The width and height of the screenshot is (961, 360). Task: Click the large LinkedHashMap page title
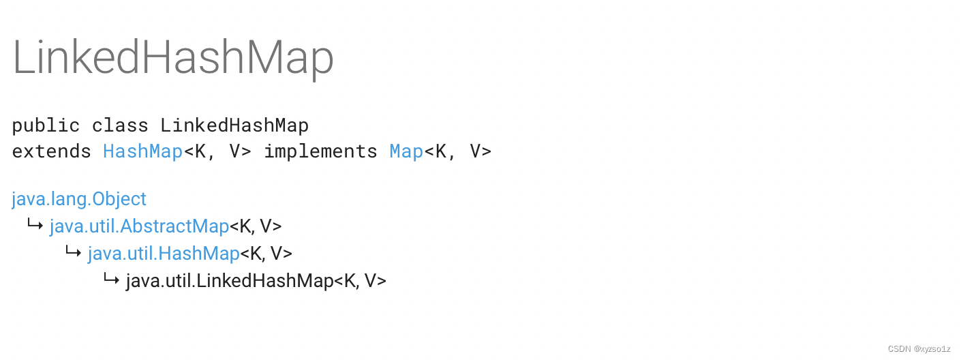pos(173,57)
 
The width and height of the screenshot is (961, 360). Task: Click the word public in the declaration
pos(46,126)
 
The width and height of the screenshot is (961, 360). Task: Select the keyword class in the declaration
pos(120,126)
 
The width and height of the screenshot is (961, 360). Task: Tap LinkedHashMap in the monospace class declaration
pos(234,126)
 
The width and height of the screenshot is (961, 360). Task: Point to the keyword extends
pos(51,151)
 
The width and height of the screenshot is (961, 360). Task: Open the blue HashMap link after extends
pos(142,151)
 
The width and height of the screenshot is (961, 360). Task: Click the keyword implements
pos(320,151)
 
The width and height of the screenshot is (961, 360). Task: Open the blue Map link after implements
pos(406,151)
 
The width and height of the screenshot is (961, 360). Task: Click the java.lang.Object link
pos(79,199)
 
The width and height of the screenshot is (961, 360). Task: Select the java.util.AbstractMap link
pos(139,226)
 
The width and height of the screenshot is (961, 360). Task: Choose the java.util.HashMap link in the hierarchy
pos(164,254)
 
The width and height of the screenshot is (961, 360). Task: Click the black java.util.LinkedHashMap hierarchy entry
pos(230,281)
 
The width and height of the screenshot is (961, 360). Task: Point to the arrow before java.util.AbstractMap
pos(35,224)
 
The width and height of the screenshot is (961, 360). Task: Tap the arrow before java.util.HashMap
pos(74,252)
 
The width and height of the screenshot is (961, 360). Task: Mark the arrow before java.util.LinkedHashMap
pos(112,279)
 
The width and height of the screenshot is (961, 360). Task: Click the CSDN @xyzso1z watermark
pos(919,349)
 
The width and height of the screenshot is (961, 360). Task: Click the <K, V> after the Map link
pos(457,151)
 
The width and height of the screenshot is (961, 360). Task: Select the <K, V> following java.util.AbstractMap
pos(256,226)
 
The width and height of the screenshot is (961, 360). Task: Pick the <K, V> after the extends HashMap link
pos(217,151)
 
